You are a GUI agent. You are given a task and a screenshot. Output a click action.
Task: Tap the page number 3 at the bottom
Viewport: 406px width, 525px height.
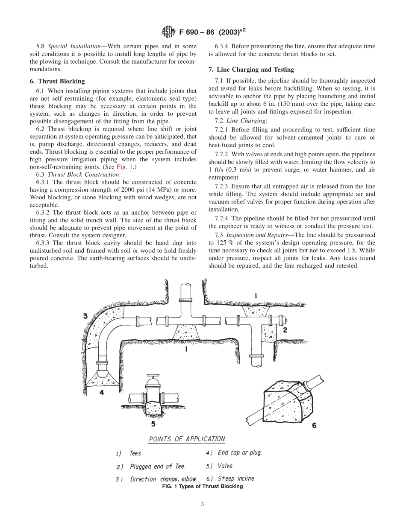click(x=203, y=504)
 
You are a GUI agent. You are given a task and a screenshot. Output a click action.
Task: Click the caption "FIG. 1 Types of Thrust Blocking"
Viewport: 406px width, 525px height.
click(x=203, y=486)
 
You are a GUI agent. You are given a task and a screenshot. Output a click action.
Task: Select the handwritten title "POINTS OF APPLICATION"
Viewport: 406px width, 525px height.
click(x=187, y=439)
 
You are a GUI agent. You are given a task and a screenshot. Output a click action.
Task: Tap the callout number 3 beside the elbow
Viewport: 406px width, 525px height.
click(x=85, y=316)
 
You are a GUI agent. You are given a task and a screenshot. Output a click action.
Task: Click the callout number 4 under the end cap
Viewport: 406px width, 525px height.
click(x=102, y=392)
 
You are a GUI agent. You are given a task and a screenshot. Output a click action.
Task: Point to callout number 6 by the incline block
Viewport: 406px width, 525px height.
click(x=315, y=425)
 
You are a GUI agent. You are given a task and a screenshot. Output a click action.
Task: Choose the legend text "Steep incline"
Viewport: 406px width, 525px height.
click(x=236, y=478)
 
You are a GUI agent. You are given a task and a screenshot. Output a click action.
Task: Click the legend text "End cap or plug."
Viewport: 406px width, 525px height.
click(x=240, y=452)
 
